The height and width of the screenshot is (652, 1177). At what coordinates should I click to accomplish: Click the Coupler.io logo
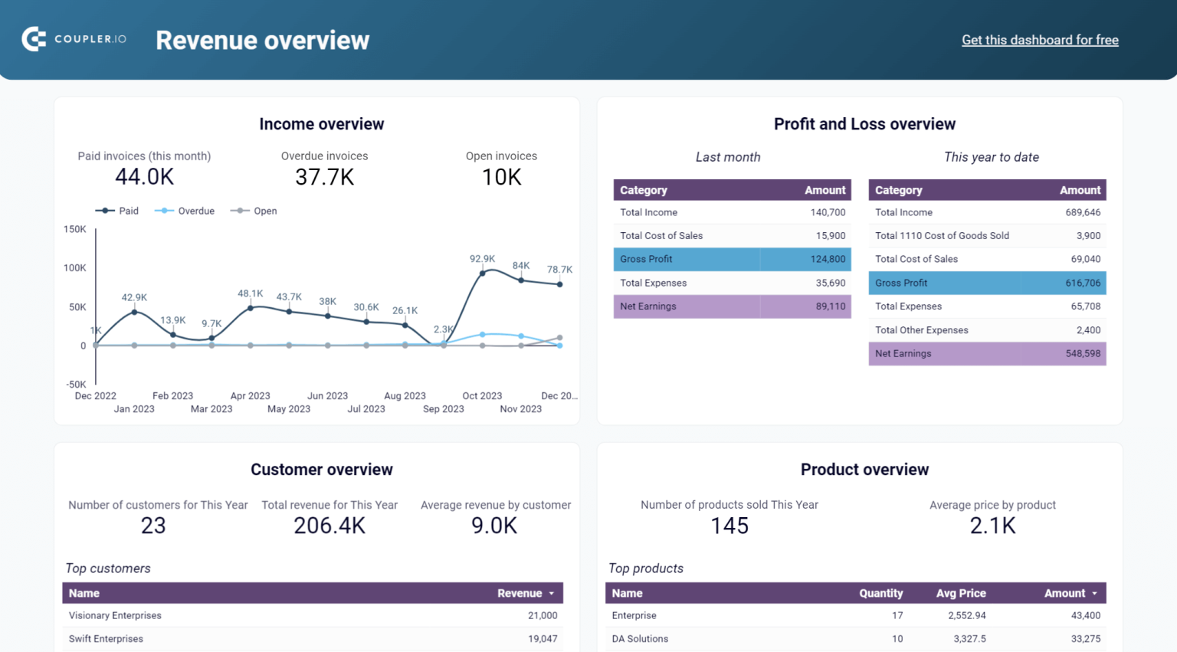click(x=74, y=39)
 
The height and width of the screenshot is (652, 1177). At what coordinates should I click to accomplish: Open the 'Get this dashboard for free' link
click(x=1040, y=40)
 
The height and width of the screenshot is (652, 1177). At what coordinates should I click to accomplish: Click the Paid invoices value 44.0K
click(x=144, y=177)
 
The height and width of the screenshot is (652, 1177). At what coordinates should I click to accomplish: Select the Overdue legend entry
click(x=185, y=211)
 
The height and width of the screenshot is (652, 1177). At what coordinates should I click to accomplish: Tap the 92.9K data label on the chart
click(x=482, y=259)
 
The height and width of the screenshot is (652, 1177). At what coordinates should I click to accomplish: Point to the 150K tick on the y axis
click(x=75, y=229)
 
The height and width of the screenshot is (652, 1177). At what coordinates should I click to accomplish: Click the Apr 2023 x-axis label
click(x=250, y=396)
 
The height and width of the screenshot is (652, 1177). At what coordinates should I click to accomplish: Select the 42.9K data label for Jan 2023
click(x=134, y=297)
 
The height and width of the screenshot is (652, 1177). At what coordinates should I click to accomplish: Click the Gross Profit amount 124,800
click(x=828, y=259)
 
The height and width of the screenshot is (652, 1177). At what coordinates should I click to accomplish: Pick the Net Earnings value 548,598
click(x=1082, y=353)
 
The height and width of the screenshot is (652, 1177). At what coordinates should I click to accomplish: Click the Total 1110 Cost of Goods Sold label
click(x=942, y=236)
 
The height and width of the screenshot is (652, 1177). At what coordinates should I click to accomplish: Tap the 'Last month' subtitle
click(x=728, y=157)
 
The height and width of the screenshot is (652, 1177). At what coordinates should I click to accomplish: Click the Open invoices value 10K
click(x=501, y=177)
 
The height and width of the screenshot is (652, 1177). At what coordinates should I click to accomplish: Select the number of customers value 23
click(x=153, y=526)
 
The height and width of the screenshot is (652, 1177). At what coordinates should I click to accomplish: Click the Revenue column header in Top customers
click(x=520, y=593)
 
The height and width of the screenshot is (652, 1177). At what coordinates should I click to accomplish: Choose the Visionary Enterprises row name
click(x=115, y=615)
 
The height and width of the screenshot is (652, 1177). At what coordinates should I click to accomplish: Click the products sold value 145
click(x=729, y=526)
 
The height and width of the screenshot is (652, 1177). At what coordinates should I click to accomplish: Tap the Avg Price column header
click(x=961, y=593)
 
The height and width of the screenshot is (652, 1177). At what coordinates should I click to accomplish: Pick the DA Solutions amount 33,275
click(x=1085, y=638)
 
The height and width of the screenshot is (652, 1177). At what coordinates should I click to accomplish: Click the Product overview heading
click(x=864, y=470)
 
